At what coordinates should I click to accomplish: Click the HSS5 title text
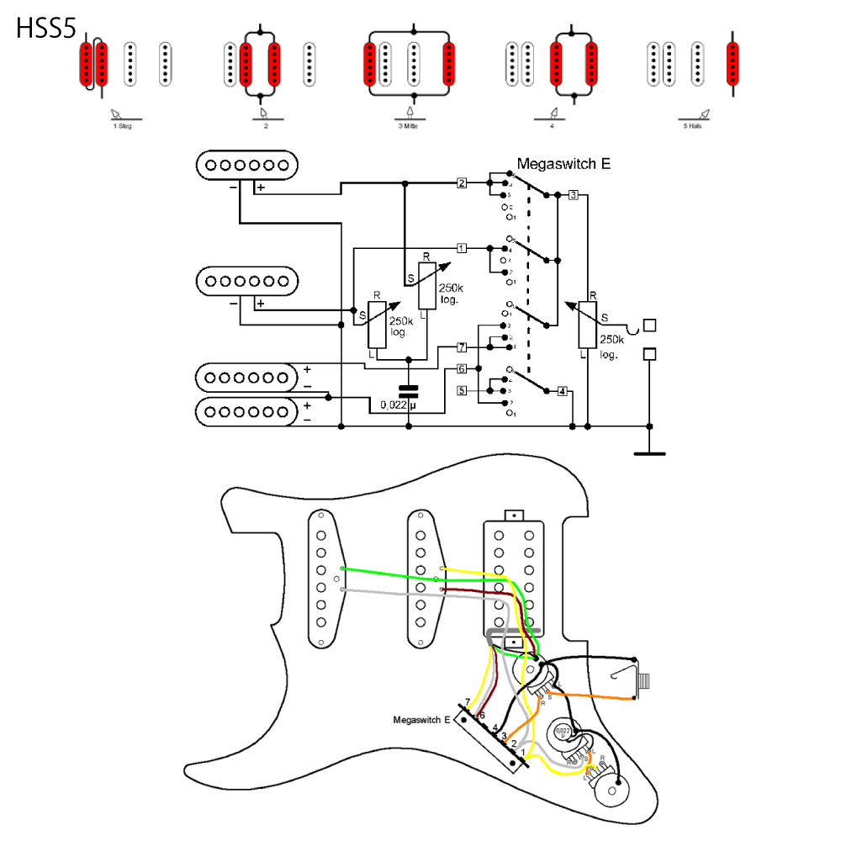(x=46, y=29)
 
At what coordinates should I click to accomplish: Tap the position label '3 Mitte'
(x=410, y=125)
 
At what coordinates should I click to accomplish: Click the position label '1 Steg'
(x=122, y=125)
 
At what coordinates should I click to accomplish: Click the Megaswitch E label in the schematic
(x=563, y=164)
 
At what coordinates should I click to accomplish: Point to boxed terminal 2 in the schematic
(x=462, y=182)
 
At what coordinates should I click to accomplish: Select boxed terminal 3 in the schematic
(x=573, y=195)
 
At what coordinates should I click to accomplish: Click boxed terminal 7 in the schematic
(x=462, y=346)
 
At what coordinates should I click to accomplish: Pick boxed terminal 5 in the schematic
(x=462, y=390)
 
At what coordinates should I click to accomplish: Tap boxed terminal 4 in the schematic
(x=562, y=391)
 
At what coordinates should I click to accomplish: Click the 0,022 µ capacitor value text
(x=399, y=405)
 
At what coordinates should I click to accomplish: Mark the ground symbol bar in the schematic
(x=648, y=453)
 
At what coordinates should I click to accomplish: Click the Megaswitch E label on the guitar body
(x=422, y=720)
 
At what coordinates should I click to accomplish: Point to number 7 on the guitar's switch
(x=468, y=701)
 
